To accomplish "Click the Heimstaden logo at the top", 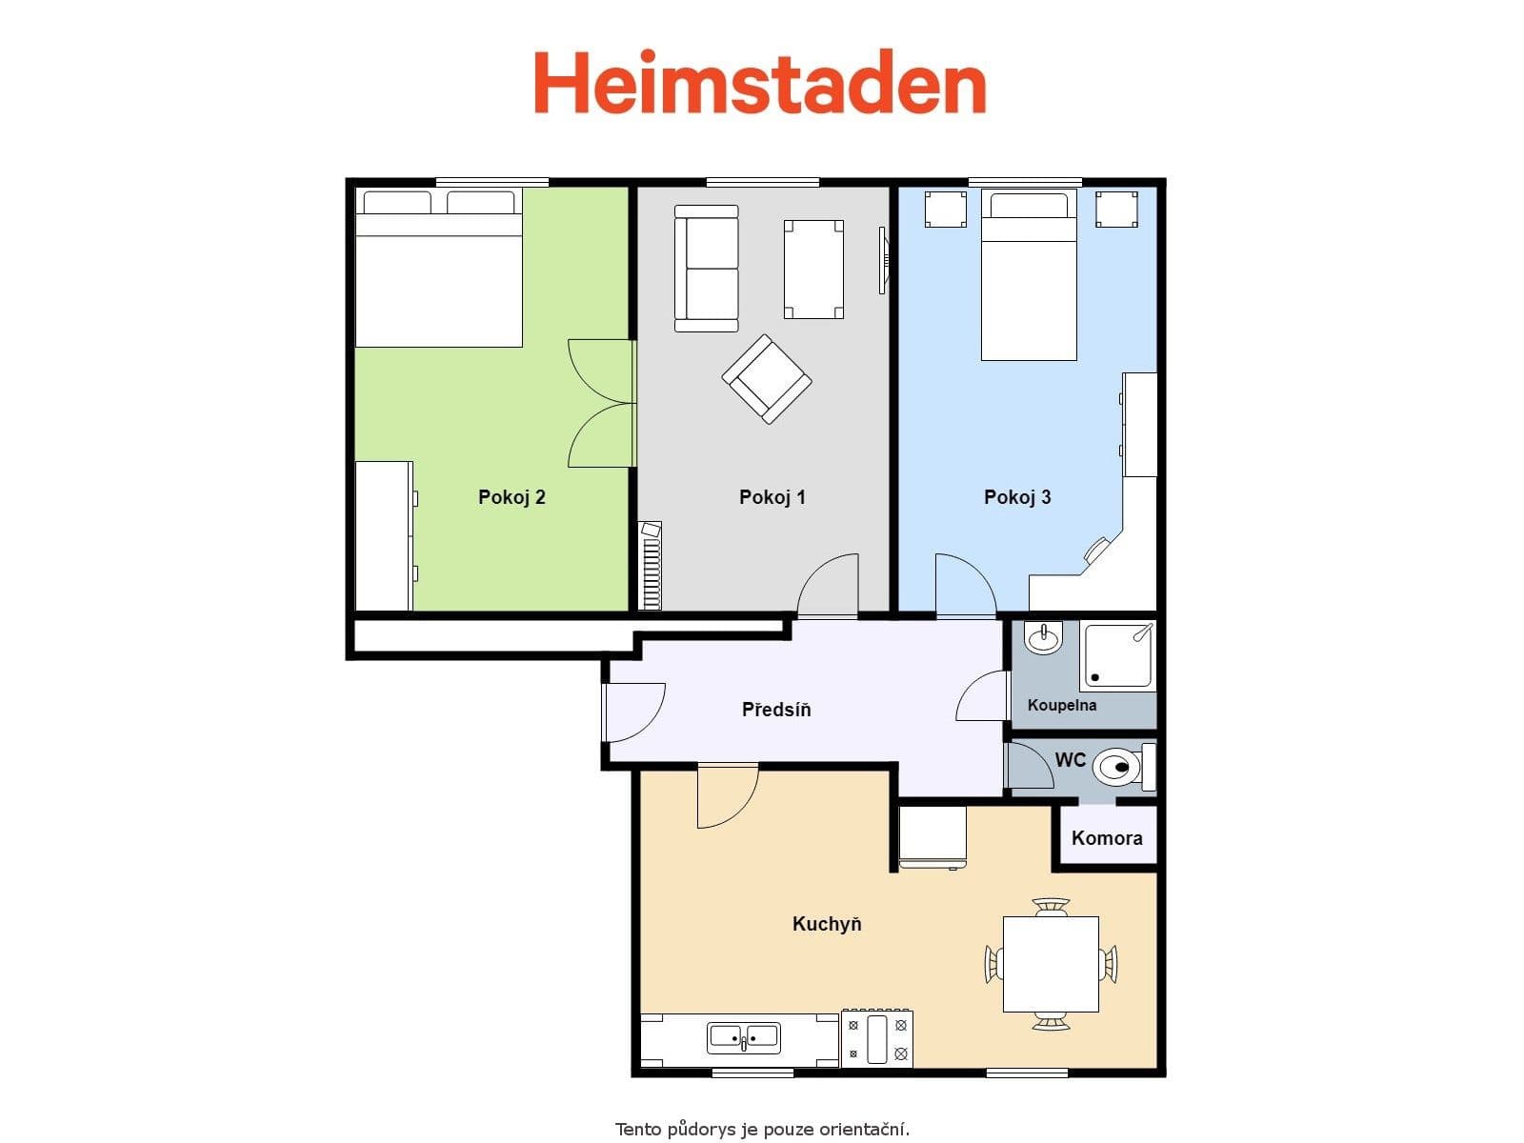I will click(x=759, y=83).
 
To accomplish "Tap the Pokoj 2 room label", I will click(x=511, y=497).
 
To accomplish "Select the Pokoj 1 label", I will click(x=772, y=497).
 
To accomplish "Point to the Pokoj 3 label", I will click(x=1017, y=497).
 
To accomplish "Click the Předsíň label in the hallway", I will click(x=776, y=710).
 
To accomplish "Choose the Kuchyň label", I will click(x=827, y=924).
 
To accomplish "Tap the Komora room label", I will click(x=1107, y=838).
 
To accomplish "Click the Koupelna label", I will click(x=1061, y=706).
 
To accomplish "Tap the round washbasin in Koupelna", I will click(x=1044, y=638).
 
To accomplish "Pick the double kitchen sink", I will click(x=743, y=1037).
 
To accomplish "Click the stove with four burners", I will click(x=876, y=1038).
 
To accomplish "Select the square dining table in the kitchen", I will click(x=1051, y=964).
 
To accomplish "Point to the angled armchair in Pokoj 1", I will click(x=767, y=378).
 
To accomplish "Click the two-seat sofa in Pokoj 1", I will click(x=706, y=269).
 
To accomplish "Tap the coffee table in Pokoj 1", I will click(x=813, y=269).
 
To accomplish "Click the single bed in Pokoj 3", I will click(x=1029, y=286).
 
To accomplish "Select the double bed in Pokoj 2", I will click(x=438, y=276).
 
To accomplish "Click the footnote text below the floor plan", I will click(x=762, y=1130).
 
